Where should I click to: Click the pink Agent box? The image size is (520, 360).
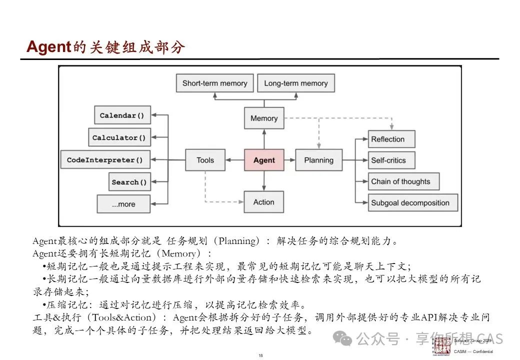coord(264,160)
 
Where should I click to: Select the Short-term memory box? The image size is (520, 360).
coord(214,83)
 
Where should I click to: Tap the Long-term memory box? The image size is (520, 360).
coord(295,83)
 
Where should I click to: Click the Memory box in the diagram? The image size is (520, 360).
coord(264,118)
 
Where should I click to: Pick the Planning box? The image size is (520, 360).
coord(318,160)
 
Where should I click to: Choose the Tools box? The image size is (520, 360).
coord(205,160)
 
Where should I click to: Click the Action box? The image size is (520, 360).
coord(264,202)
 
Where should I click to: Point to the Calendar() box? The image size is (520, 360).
coord(122,115)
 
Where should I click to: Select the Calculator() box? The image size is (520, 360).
coord(119,137)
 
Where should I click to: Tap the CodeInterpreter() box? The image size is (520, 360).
coord(105,160)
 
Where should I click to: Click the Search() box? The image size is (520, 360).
coord(129,182)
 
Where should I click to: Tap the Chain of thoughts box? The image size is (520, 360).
coord(403,181)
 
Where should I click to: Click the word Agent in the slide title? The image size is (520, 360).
coord(48,47)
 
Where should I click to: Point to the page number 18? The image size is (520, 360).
coord(260,355)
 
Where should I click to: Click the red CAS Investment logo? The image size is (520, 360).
coord(442,345)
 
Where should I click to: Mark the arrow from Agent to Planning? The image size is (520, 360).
coord(289,160)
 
